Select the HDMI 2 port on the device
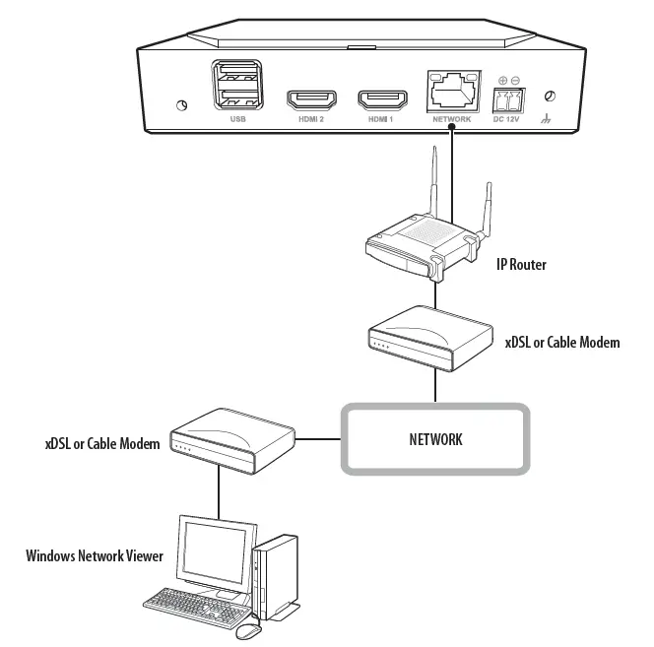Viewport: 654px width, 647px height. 311,99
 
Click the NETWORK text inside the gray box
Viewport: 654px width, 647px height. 435,439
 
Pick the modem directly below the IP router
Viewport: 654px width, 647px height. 427,334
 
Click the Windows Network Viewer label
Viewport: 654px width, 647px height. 95,556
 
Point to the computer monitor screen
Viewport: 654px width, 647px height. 210,550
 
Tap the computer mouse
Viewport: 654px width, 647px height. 248,629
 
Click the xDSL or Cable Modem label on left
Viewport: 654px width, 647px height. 101,445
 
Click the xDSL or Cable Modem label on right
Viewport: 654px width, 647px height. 561,343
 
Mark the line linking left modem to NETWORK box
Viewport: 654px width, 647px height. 318,438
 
